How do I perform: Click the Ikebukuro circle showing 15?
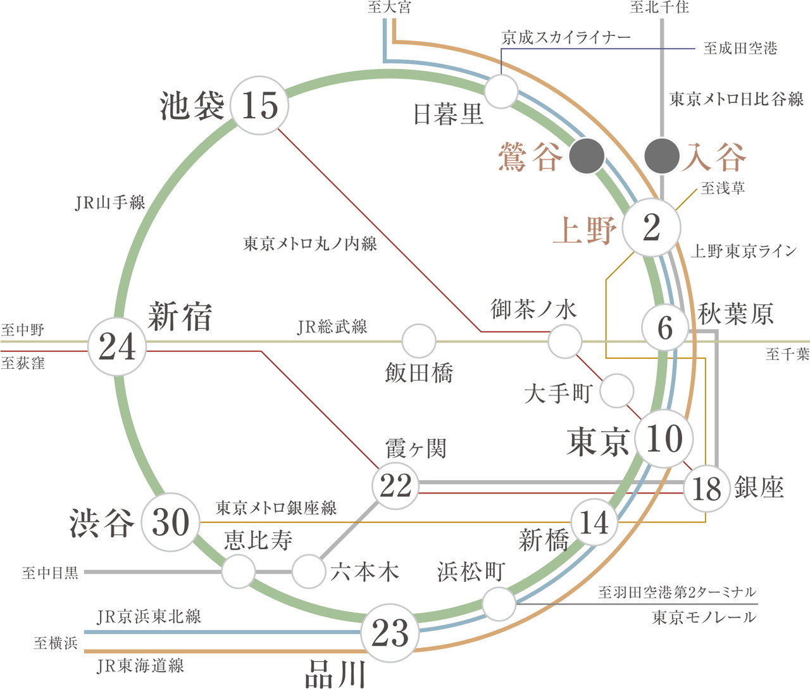[259, 105]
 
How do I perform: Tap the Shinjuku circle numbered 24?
[117, 347]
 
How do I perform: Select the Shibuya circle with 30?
[170, 522]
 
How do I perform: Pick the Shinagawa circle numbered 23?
[390, 632]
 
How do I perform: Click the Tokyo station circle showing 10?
[664, 438]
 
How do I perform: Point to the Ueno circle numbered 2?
[652, 228]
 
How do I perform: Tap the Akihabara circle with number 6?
[664, 328]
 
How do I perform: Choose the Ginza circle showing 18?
[706, 488]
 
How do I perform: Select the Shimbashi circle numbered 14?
[594, 523]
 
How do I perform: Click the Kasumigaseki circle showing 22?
[396, 485]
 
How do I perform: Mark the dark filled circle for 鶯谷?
[587, 156]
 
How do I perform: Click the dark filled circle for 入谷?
[662, 156]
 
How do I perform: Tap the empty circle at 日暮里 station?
[502, 91]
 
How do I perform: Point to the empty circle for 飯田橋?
[419, 340]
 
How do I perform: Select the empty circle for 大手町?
[616, 390]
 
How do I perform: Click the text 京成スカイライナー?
[566, 38]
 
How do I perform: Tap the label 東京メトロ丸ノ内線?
[310, 244]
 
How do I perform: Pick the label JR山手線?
[110, 202]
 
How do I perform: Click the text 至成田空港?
[740, 48]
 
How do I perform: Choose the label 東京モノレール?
[704, 617]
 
